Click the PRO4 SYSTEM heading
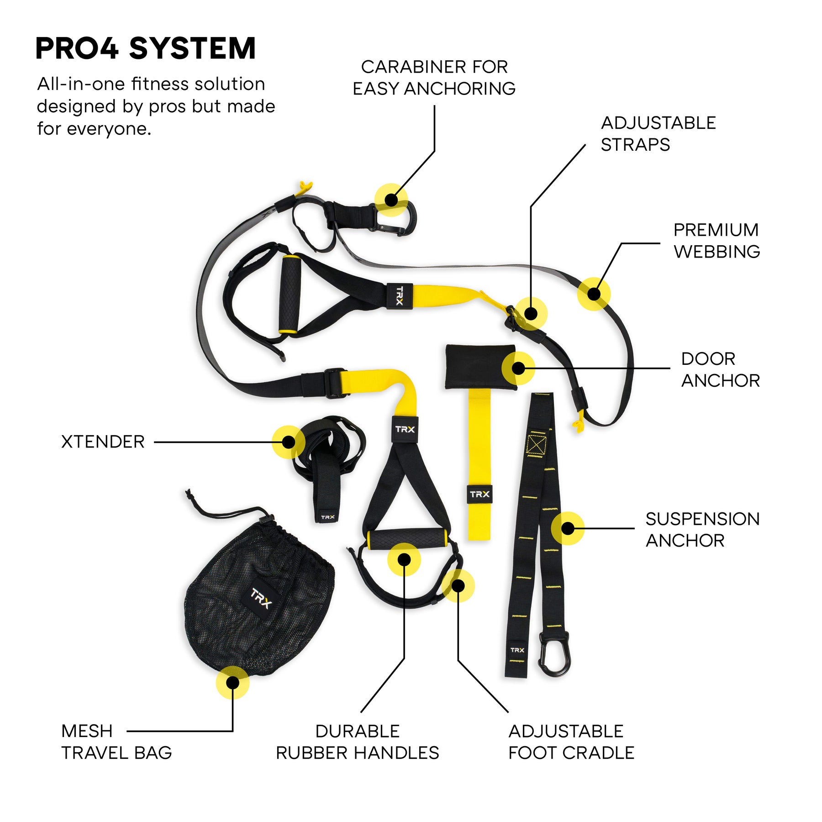point(145,48)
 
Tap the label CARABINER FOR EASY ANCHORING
point(434,78)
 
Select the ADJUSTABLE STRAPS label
point(658,133)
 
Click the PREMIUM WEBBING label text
point(716,241)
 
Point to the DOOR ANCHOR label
point(720,369)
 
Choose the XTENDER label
point(103,442)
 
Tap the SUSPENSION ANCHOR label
point(702,529)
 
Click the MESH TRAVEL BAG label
point(116,742)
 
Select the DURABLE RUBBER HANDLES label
point(357,742)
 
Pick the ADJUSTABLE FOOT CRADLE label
point(571,742)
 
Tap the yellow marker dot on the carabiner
point(391,200)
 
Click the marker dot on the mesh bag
point(232,682)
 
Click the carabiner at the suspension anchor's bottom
point(554,653)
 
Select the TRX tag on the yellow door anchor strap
point(479,494)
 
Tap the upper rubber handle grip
point(290,295)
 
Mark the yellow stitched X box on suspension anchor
point(536,444)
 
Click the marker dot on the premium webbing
point(593,294)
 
